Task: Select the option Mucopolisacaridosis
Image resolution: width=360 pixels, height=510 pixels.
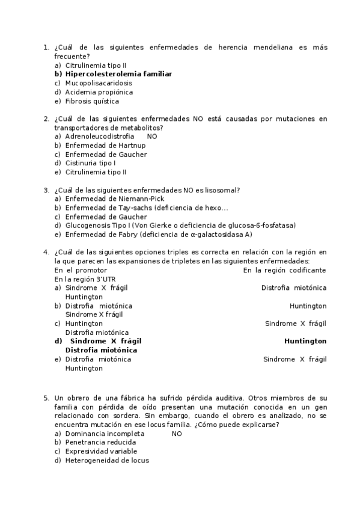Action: tap(99, 83)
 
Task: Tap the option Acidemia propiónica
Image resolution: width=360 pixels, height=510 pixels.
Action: tap(99, 92)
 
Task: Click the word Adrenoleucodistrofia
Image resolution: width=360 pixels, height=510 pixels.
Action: tap(100, 137)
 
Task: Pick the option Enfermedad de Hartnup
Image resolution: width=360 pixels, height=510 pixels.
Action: tap(106, 146)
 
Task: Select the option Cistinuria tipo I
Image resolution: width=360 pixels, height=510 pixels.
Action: tap(90, 163)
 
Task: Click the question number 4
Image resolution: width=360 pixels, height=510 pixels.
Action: tap(46, 252)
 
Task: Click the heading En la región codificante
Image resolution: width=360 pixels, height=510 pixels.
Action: tap(284, 270)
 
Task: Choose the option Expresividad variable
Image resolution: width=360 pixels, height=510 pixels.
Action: tap(101, 451)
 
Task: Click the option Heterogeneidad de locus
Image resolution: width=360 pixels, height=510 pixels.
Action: tap(107, 460)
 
